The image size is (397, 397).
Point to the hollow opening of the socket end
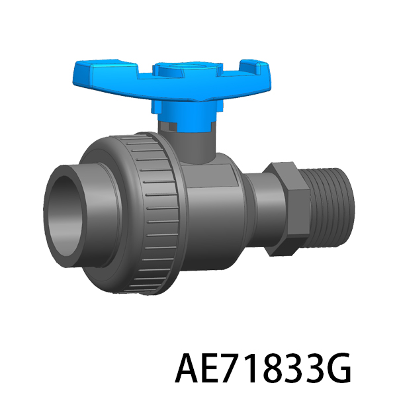click(66, 217)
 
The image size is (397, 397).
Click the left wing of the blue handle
click(107, 73)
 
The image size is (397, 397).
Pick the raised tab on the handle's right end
click(253, 66)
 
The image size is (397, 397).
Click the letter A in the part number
click(187, 368)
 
